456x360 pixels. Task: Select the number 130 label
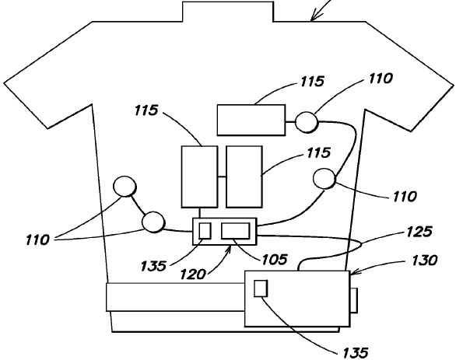tap(425, 260)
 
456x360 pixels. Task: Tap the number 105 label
tap(275, 260)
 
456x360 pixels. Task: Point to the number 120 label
tap(193, 274)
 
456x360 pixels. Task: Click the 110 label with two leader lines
tap(37, 240)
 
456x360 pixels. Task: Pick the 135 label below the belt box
tap(356, 353)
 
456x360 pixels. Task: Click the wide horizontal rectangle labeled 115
tap(251, 120)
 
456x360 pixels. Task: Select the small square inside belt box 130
tap(261, 288)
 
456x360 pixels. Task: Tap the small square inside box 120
tap(205, 231)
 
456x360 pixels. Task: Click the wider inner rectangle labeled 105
tap(236, 231)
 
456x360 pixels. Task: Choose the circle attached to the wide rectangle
tap(307, 122)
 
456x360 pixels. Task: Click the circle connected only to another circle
tap(125, 186)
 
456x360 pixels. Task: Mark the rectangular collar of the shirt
tap(228, 12)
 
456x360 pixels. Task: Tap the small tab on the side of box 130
tap(354, 300)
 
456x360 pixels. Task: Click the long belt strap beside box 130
tap(175, 297)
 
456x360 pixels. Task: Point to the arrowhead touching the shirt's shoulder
tap(313, 18)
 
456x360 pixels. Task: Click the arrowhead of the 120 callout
tap(230, 249)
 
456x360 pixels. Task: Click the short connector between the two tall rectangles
tap(222, 177)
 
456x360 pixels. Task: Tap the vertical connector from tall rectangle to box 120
tap(200, 213)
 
